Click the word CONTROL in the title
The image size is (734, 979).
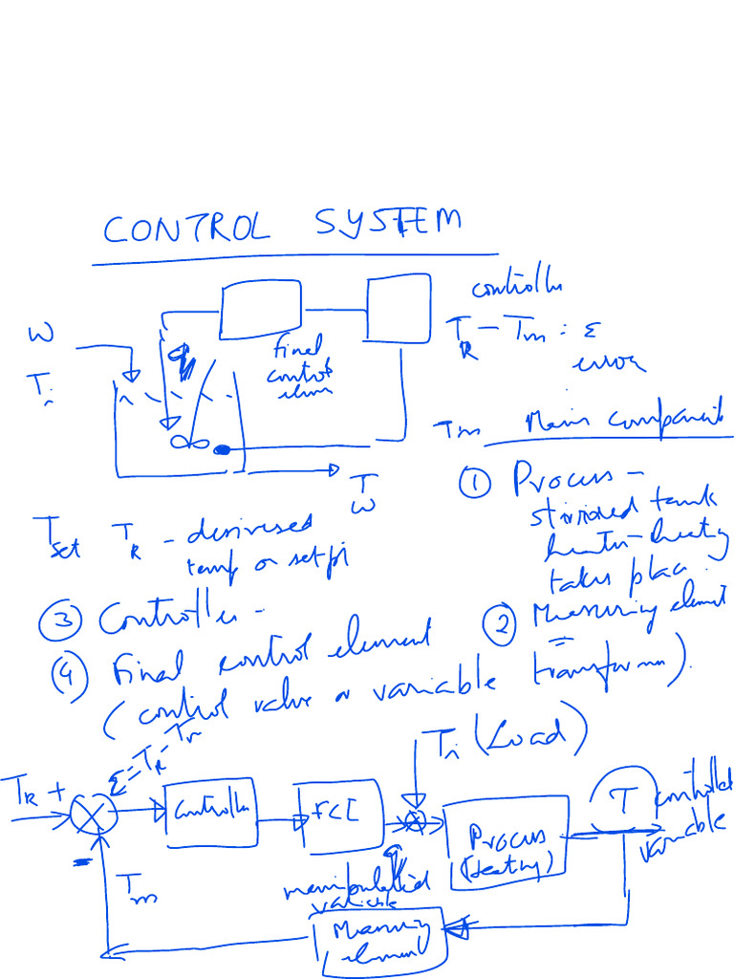[185, 228]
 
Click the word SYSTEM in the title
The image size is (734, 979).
[386, 224]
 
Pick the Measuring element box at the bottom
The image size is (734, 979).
[381, 941]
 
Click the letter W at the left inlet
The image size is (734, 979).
[41, 335]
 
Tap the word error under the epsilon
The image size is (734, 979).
[608, 364]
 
